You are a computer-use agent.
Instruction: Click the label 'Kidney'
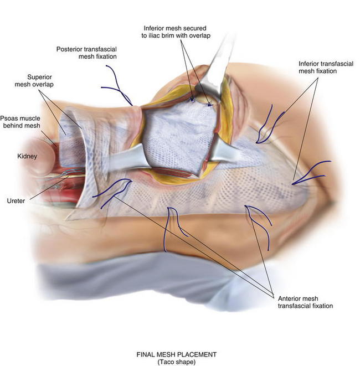point(26,157)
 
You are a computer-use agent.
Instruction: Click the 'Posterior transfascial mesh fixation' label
point(86,53)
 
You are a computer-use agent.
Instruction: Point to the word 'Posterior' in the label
point(69,49)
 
